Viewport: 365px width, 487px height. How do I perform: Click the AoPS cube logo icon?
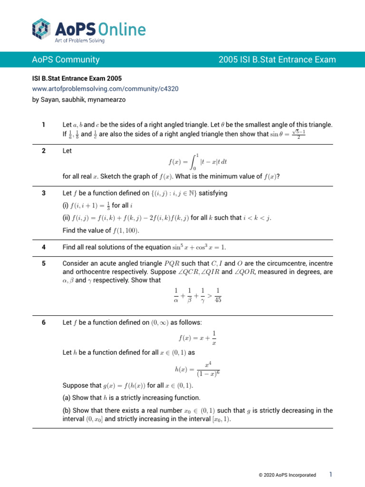[41, 29]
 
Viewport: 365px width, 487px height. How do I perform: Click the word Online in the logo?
[124, 29]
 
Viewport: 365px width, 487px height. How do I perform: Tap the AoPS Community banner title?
[66, 59]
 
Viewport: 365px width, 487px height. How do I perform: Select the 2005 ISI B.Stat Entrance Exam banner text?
[277, 59]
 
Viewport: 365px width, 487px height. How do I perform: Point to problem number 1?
[43, 125]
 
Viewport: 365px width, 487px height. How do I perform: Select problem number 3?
[43, 193]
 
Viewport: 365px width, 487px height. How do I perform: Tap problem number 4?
[43, 247]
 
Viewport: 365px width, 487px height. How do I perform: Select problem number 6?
[43, 322]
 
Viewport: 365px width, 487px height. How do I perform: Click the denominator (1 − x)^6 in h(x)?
[208, 373]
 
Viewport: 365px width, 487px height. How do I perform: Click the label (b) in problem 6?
[67, 410]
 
